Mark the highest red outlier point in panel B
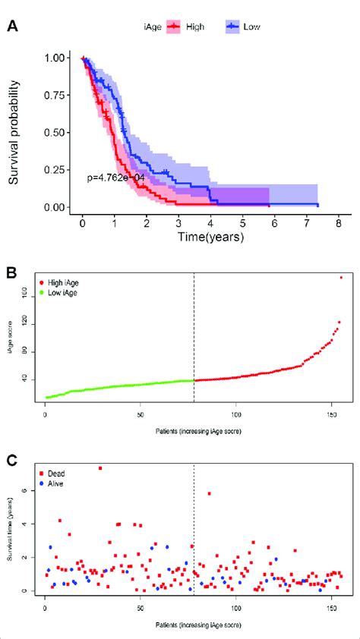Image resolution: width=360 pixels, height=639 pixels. (341, 278)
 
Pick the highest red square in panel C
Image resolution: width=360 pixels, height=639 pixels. (99, 468)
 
